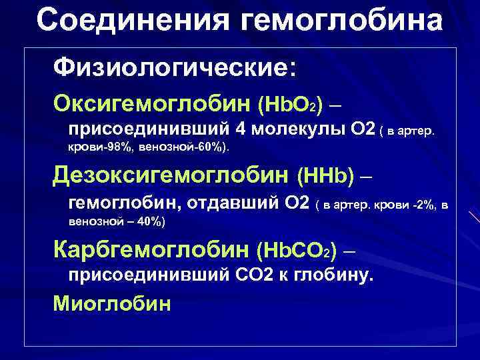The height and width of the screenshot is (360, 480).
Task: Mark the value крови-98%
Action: pos(99,147)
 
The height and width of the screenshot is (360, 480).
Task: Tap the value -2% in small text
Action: pos(425,203)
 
